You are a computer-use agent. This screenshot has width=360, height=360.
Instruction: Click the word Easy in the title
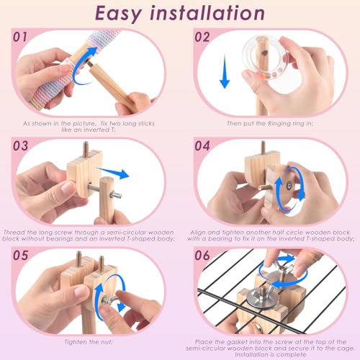(x=118, y=14)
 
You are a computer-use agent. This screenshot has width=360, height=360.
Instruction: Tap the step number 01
(x=20, y=37)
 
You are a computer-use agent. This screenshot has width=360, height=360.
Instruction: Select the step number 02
(x=202, y=37)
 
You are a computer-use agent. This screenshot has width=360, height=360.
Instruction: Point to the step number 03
(x=20, y=146)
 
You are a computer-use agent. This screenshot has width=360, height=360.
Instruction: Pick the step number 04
(x=202, y=146)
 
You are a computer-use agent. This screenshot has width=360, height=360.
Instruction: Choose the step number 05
(x=20, y=256)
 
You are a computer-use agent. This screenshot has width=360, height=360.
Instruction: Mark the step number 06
(x=202, y=256)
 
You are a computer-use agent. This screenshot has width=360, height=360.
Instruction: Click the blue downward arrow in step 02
(x=225, y=71)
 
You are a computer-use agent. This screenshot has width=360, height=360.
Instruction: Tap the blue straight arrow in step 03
(x=113, y=172)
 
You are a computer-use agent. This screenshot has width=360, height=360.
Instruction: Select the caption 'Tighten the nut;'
(x=89, y=342)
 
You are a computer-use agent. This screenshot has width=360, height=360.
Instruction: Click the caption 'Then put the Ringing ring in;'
(x=270, y=123)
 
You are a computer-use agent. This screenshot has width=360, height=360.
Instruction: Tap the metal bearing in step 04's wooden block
(x=289, y=185)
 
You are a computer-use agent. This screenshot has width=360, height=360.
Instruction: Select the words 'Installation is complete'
(x=271, y=354)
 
